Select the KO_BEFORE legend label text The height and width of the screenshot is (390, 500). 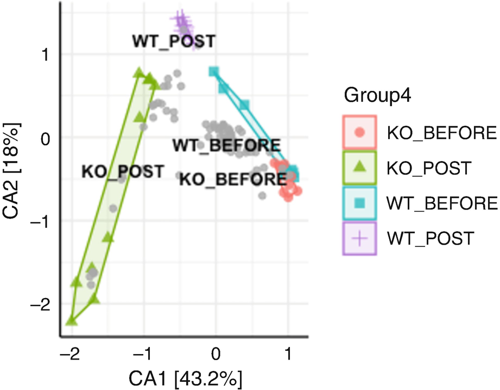[x=441, y=132]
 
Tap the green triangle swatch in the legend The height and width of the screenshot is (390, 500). [x=359, y=167]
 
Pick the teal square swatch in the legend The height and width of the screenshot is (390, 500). [x=359, y=202]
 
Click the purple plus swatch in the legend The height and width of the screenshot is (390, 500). [x=359, y=238]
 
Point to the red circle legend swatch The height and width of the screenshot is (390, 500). [x=359, y=132]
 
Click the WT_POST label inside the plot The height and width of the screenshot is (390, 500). [x=174, y=41]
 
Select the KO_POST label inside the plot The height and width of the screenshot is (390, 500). [x=122, y=171]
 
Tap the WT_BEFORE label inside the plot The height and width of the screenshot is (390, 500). [x=226, y=145]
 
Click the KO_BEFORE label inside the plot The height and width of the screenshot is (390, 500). [x=232, y=178]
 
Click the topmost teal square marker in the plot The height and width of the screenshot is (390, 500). [x=214, y=71]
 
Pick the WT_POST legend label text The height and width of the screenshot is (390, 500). [x=431, y=238]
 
